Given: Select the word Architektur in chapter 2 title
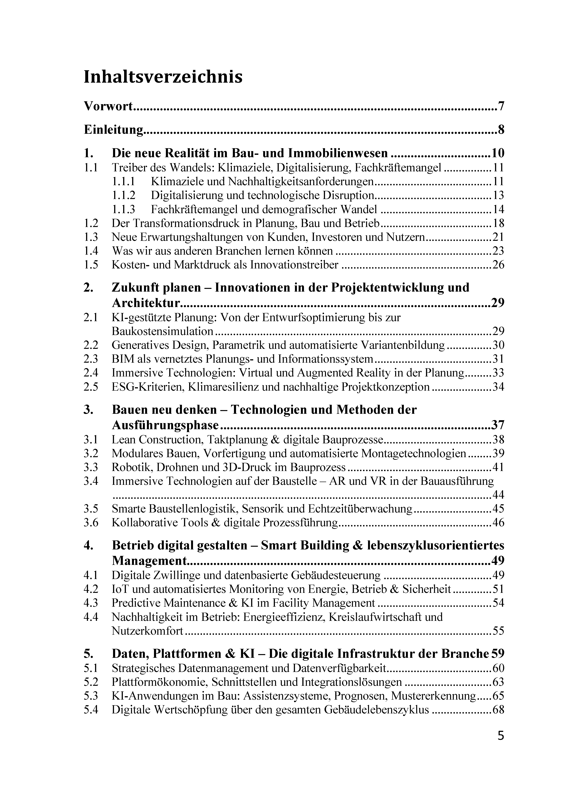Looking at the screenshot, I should coord(146,303).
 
